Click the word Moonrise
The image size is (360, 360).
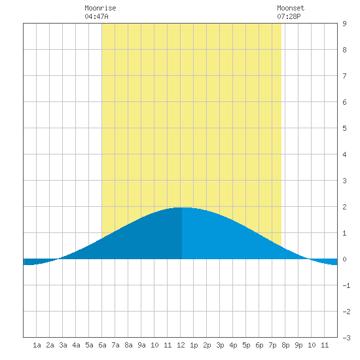pyautogui.click(x=100, y=8)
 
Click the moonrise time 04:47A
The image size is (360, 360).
pyautogui.click(x=96, y=16)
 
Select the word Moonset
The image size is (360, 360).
pyautogui.click(x=291, y=8)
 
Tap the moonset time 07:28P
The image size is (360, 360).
pyautogui.click(x=289, y=16)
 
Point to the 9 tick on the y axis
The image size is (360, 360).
pyautogui.click(x=344, y=24)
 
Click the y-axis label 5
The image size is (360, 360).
pyautogui.click(x=344, y=128)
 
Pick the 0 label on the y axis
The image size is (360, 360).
pyautogui.click(x=344, y=259)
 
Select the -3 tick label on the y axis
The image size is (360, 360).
pyautogui.click(x=346, y=338)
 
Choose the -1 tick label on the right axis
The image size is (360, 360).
pyautogui.click(x=346, y=285)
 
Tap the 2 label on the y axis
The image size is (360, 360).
pyautogui.click(x=344, y=207)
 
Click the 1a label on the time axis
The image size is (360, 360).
pyautogui.click(x=37, y=345)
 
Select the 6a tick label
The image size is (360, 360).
pyautogui.click(x=102, y=345)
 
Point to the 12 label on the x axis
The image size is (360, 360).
pyautogui.click(x=181, y=345)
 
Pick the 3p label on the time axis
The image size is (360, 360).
pyautogui.click(x=220, y=345)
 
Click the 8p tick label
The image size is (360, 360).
pyautogui.click(x=285, y=345)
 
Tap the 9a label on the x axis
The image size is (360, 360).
pyautogui.click(x=141, y=345)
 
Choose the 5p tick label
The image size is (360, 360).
pyautogui.click(x=246, y=345)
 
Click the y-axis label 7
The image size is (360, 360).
pyautogui.click(x=344, y=76)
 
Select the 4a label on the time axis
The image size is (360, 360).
pyautogui.click(x=76, y=345)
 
